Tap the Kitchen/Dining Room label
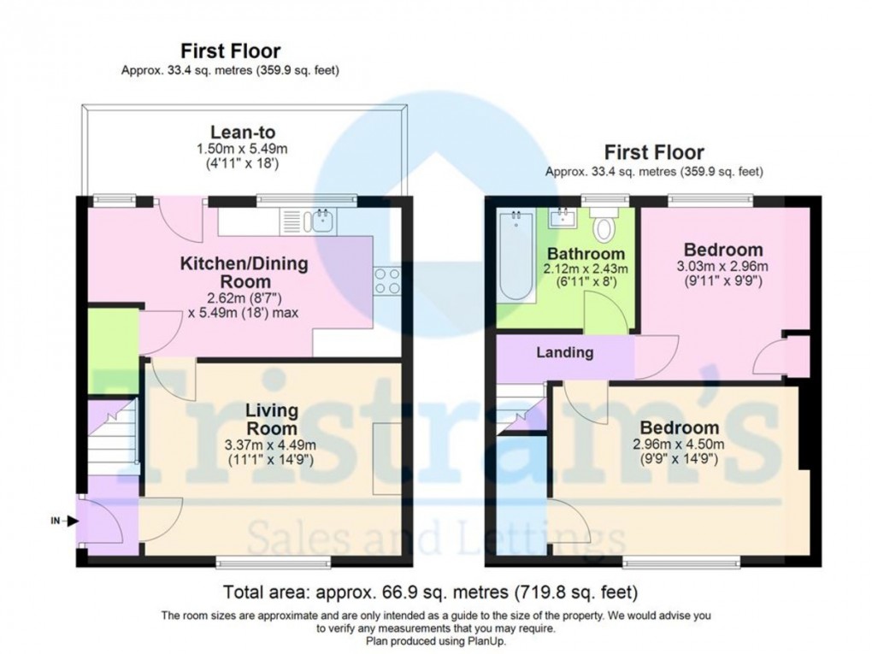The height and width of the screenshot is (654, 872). tap(244, 273)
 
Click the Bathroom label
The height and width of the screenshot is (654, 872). tap(586, 254)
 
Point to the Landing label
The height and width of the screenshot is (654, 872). tap(564, 351)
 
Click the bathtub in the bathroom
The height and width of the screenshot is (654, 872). tap(516, 255)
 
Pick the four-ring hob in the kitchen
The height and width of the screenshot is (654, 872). tap(387, 280)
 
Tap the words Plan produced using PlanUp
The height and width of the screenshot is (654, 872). tap(435, 640)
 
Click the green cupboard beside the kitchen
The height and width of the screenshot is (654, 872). tap(114, 340)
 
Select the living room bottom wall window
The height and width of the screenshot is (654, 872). tap(273, 562)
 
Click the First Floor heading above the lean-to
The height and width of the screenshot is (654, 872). tap(229, 51)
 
